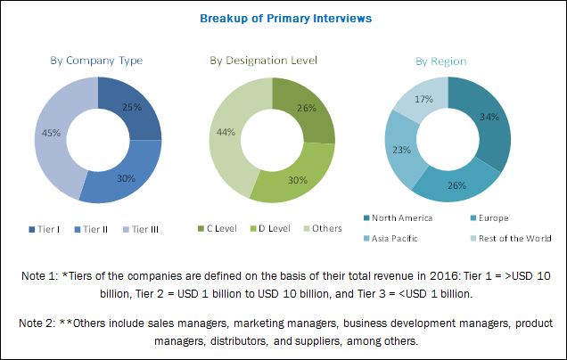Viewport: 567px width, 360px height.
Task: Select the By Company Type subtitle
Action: click(x=97, y=60)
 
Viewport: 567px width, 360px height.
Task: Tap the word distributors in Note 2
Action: click(x=206, y=340)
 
